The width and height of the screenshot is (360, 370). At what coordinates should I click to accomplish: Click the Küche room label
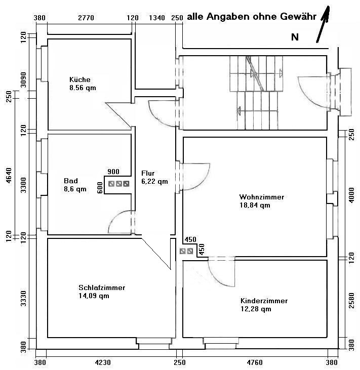tap(83, 84)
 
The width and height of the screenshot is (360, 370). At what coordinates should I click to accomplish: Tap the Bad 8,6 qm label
tap(75, 185)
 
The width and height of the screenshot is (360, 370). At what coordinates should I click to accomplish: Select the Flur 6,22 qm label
tap(154, 177)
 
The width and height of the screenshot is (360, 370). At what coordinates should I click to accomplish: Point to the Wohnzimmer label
tap(262, 201)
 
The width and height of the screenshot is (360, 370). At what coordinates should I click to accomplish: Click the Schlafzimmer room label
tap(102, 292)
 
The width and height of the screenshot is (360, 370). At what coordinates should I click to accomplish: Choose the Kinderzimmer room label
tap(264, 305)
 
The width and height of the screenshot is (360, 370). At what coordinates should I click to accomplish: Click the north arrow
tap(323, 24)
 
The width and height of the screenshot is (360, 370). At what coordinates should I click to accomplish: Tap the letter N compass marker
tap(295, 37)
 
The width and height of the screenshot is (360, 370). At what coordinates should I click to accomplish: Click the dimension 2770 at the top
tap(86, 18)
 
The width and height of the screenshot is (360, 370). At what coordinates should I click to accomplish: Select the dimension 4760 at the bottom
tap(255, 362)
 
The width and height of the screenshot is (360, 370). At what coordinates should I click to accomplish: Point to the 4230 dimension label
tap(102, 362)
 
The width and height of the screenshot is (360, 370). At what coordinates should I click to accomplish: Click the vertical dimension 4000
tap(351, 195)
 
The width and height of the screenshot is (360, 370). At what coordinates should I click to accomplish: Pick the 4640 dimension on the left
tap(9, 175)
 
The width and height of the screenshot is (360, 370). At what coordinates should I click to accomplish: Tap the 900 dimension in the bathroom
tap(113, 172)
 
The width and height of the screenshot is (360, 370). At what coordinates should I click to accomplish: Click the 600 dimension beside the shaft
tap(100, 188)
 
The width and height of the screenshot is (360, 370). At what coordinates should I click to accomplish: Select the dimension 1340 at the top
tap(157, 18)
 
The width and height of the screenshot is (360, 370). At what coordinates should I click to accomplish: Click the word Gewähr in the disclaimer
tap(298, 17)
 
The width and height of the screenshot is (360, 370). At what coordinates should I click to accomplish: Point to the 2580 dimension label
tap(351, 300)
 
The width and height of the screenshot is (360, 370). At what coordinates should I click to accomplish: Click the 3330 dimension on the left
tap(23, 299)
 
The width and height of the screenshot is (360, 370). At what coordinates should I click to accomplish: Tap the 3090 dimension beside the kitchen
tap(23, 80)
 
